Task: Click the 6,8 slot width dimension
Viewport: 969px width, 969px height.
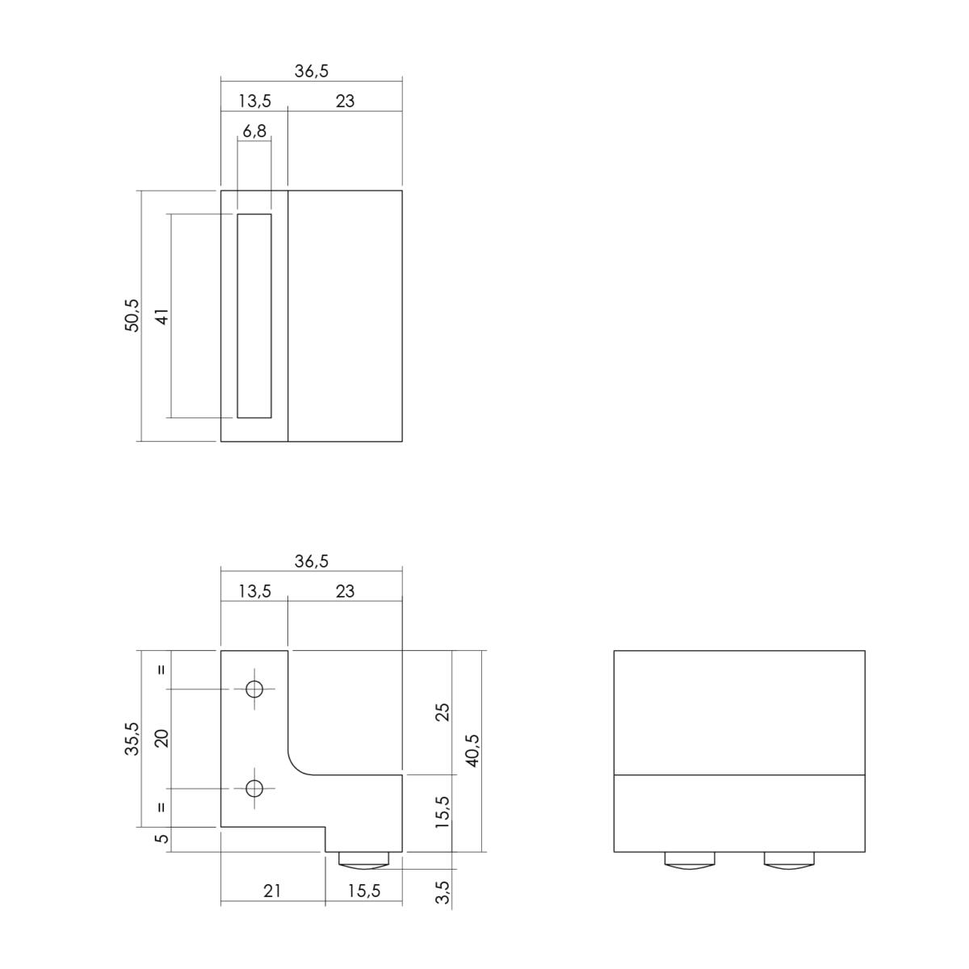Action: (254, 132)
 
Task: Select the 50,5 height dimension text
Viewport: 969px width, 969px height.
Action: (132, 315)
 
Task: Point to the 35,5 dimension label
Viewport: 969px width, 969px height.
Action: (132, 738)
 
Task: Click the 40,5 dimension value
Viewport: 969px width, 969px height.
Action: (472, 750)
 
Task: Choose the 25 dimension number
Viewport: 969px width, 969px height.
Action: (443, 712)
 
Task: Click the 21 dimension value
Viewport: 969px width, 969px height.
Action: (272, 891)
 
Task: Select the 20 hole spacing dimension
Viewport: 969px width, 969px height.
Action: (162, 738)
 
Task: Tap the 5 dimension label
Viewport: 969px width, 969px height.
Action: (163, 838)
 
